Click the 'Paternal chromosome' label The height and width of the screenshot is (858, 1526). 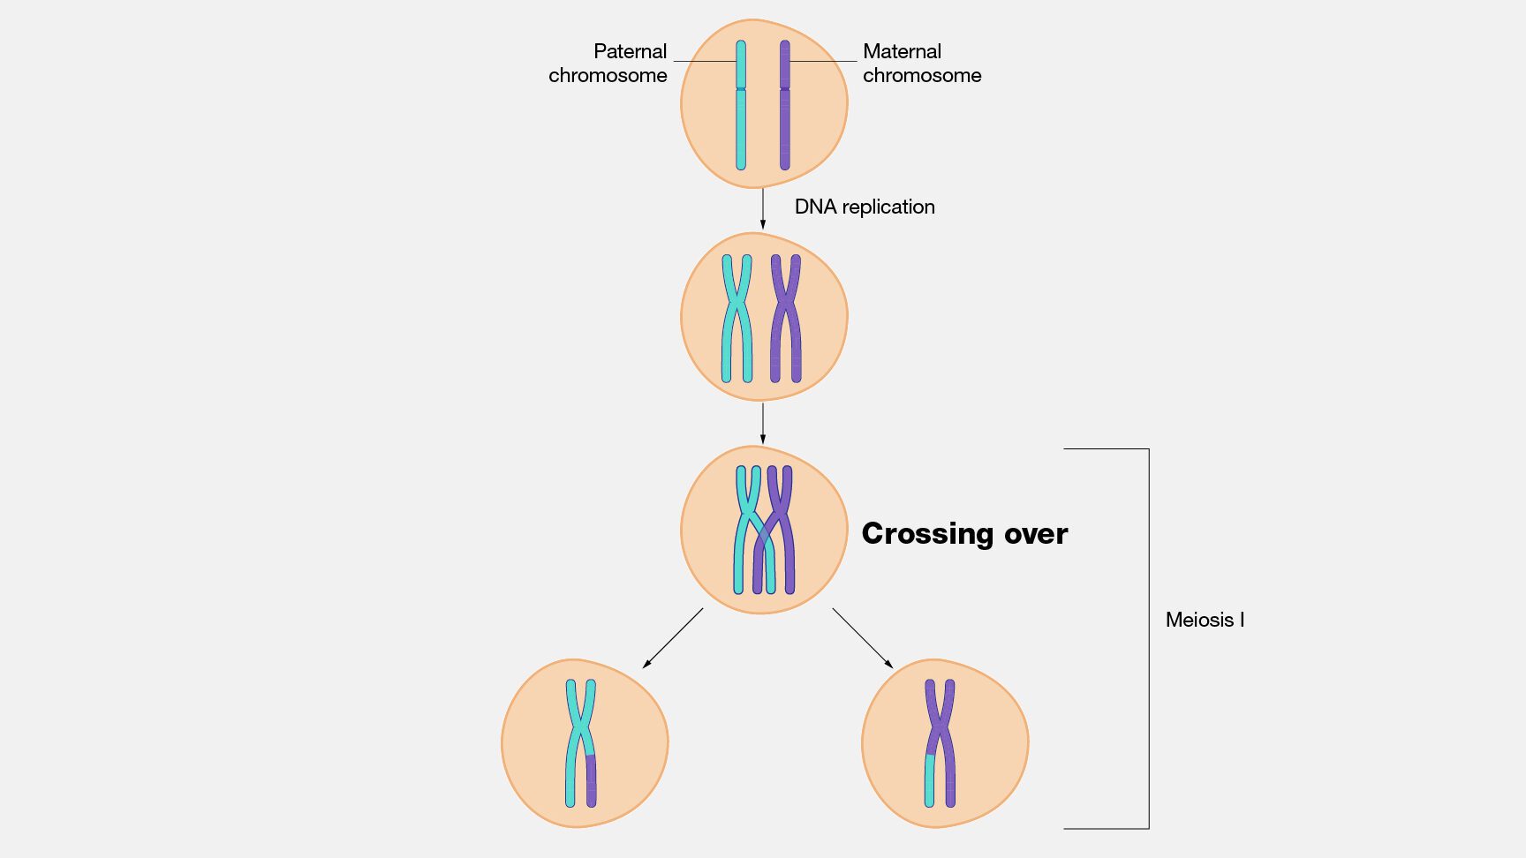click(x=608, y=64)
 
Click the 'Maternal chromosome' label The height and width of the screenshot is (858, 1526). click(x=921, y=64)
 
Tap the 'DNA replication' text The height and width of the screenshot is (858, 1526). click(x=864, y=207)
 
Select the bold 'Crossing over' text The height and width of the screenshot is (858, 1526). click(x=964, y=533)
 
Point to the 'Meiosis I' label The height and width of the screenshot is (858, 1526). click(x=1205, y=620)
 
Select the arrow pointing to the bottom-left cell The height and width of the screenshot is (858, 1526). click(x=673, y=637)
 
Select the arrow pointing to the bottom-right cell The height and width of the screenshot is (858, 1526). click(x=863, y=637)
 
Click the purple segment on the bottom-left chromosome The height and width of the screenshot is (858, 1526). click(x=591, y=780)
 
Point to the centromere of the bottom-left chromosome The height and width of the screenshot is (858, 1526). click(x=580, y=728)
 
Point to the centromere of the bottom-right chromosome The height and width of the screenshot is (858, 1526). click(x=941, y=728)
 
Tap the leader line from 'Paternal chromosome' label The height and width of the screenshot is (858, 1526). click(x=704, y=61)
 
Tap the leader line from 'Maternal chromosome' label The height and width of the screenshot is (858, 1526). click(x=823, y=61)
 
